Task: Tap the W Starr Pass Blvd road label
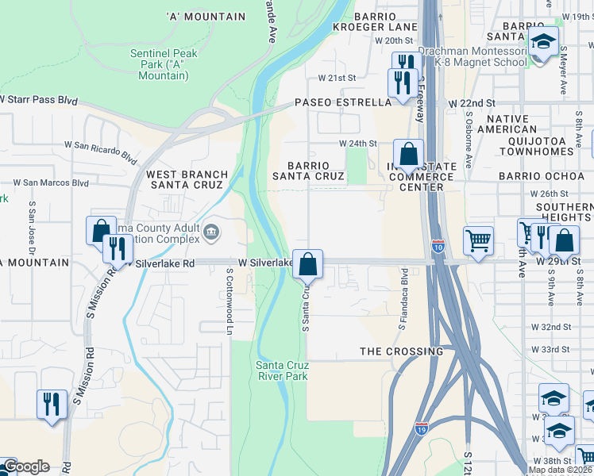[x=40, y=101]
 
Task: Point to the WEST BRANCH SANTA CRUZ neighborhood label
[x=187, y=179]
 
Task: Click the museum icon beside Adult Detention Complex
[x=211, y=232]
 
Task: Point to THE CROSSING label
[x=401, y=351]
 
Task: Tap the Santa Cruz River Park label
[x=281, y=370]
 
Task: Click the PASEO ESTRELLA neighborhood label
[x=343, y=102]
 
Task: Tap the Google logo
[x=25, y=466]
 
